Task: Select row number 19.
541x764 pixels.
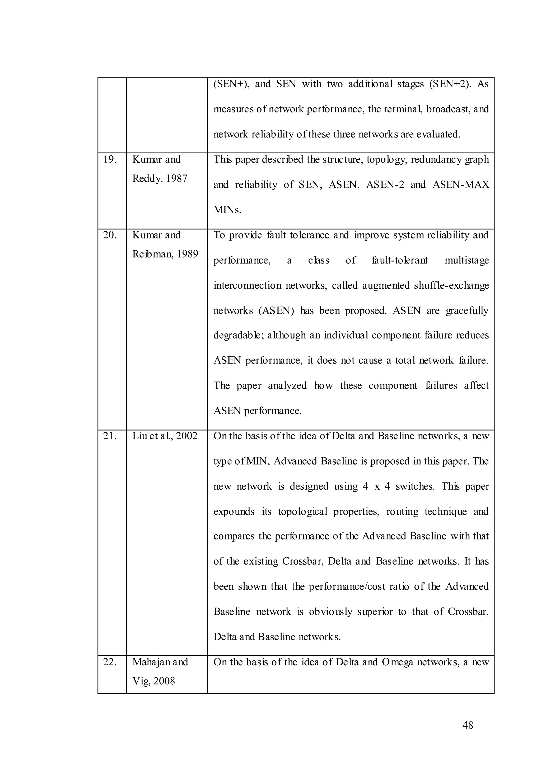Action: (110, 160)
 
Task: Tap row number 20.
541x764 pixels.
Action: (110, 235)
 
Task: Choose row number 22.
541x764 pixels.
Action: (110, 662)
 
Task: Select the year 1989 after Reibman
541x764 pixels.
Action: (187, 254)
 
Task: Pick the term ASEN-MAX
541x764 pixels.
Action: (460, 185)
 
